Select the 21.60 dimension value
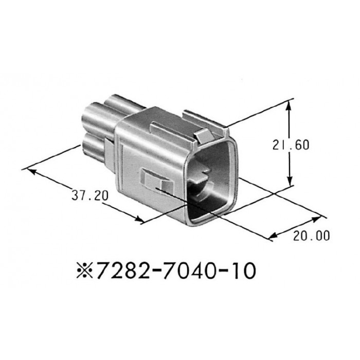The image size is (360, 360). click(x=292, y=146)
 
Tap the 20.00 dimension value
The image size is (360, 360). click(x=311, y=236)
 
